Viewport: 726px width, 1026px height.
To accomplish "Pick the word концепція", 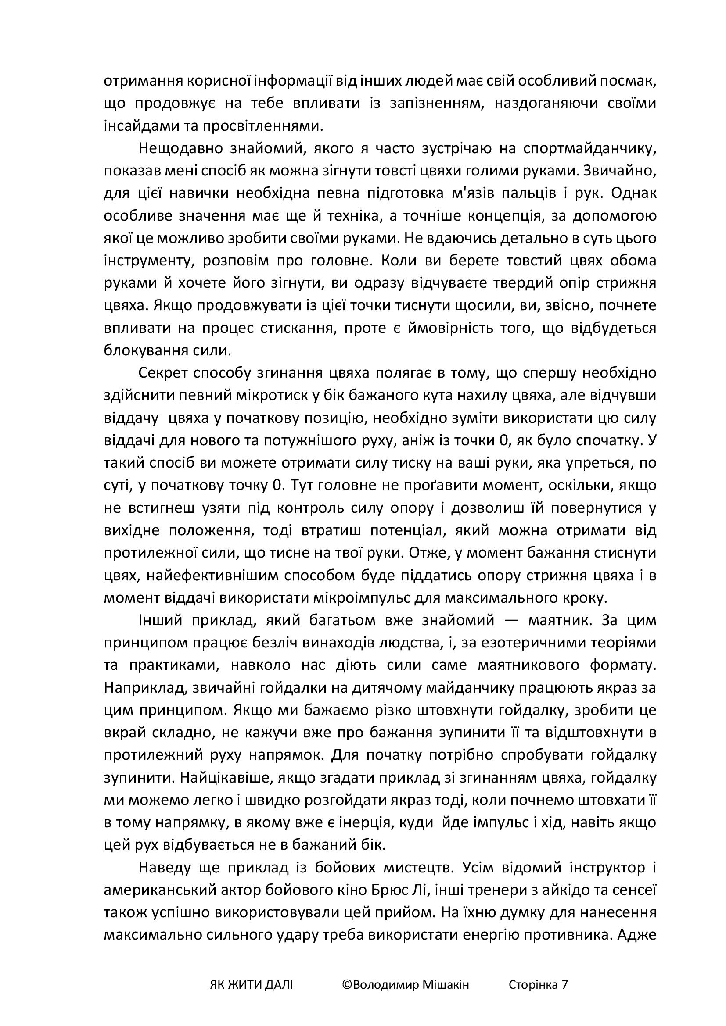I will pos(515,216).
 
